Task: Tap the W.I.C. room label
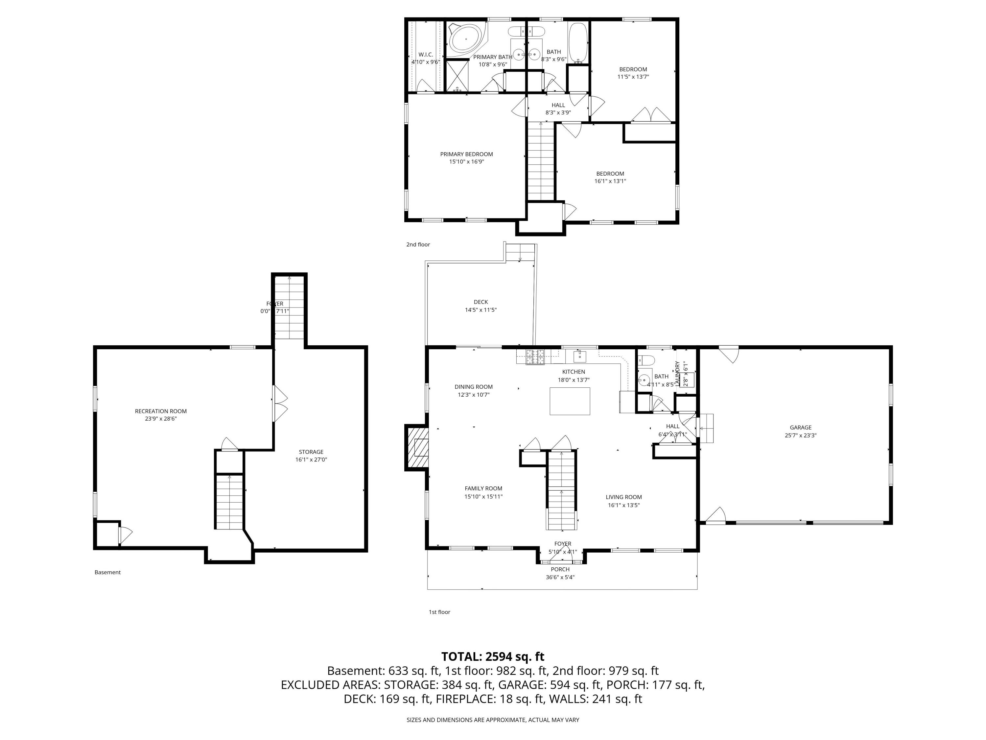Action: (x=425, y=54)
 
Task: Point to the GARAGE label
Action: (x=801, y=427)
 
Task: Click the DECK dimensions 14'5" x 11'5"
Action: (x=481, y=309)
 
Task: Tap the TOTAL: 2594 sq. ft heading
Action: (x=493, y=656)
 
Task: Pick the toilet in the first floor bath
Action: (x=646, y=360)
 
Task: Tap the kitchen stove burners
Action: (x=535, y=357)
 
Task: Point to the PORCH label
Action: (x=560, y=569)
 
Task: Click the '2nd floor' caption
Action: (x=418, y=244)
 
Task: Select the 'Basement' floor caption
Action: (x=107, y=572)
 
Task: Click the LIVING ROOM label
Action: (x=623, y=497)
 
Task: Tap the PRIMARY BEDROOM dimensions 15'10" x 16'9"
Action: (x=466, y=162)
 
